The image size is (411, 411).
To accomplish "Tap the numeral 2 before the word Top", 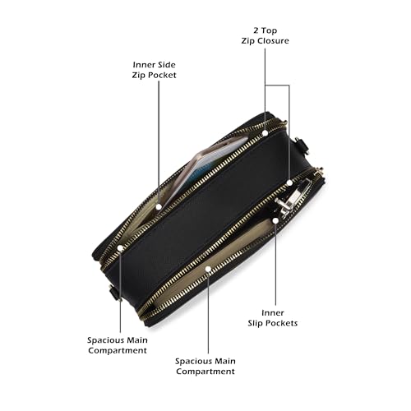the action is (256, 30).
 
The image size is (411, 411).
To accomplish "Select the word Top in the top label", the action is (269, 31).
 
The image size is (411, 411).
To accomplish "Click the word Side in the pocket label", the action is (164, 65).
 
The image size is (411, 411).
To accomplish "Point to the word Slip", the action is (254, 323).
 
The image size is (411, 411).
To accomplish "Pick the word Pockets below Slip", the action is (280, 323).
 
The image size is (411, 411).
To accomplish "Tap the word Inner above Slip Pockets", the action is (273, 312).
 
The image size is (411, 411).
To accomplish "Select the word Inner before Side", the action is (142, 65).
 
